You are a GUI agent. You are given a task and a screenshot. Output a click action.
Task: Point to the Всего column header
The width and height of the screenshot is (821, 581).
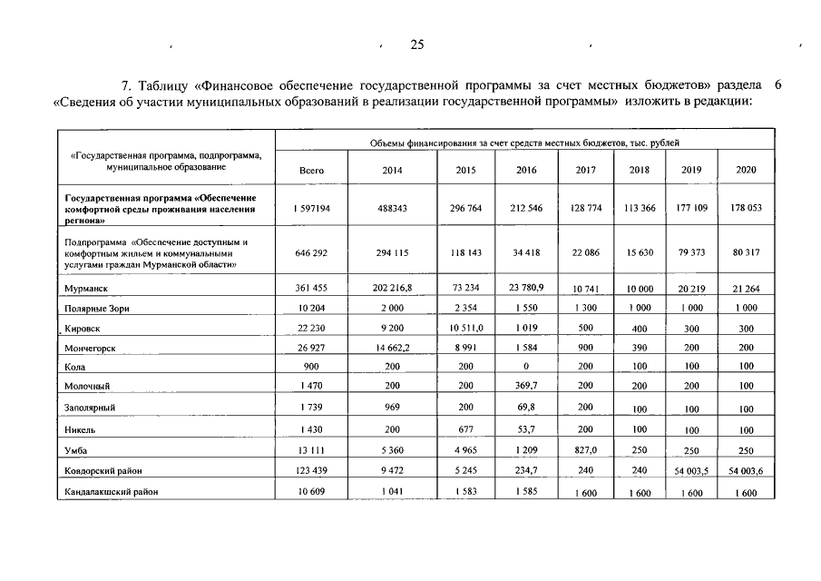(310, 170)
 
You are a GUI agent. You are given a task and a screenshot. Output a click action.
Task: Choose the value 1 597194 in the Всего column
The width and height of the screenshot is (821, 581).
(310, 208)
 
